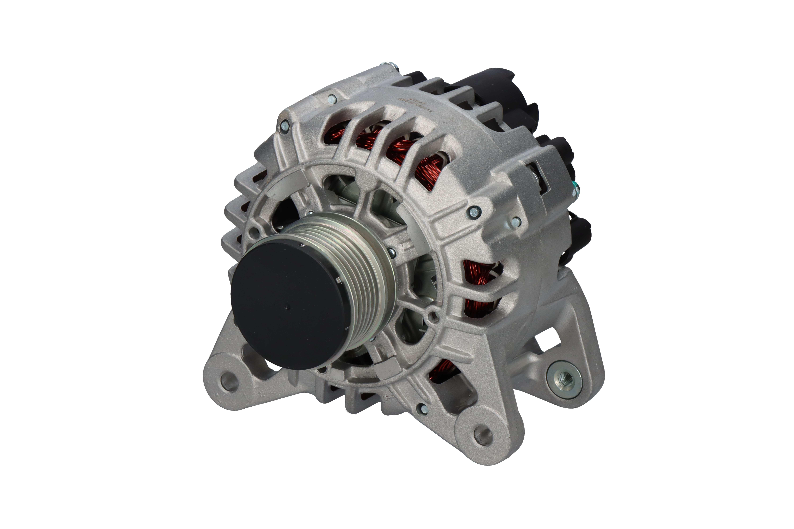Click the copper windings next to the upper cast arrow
tap(338, 133)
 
